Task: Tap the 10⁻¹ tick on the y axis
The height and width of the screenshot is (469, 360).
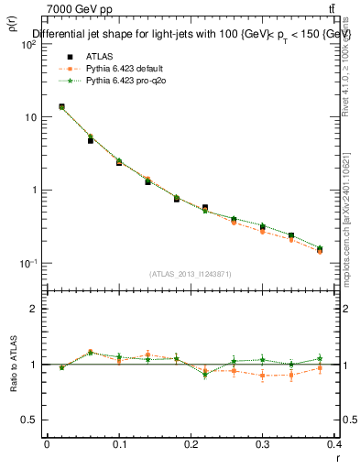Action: (27, 263)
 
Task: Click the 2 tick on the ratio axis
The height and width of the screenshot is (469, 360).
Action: (32, 309)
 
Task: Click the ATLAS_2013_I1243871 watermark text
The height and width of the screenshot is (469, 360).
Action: (191, 274)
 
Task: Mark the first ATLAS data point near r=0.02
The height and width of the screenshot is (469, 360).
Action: (61, 107)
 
